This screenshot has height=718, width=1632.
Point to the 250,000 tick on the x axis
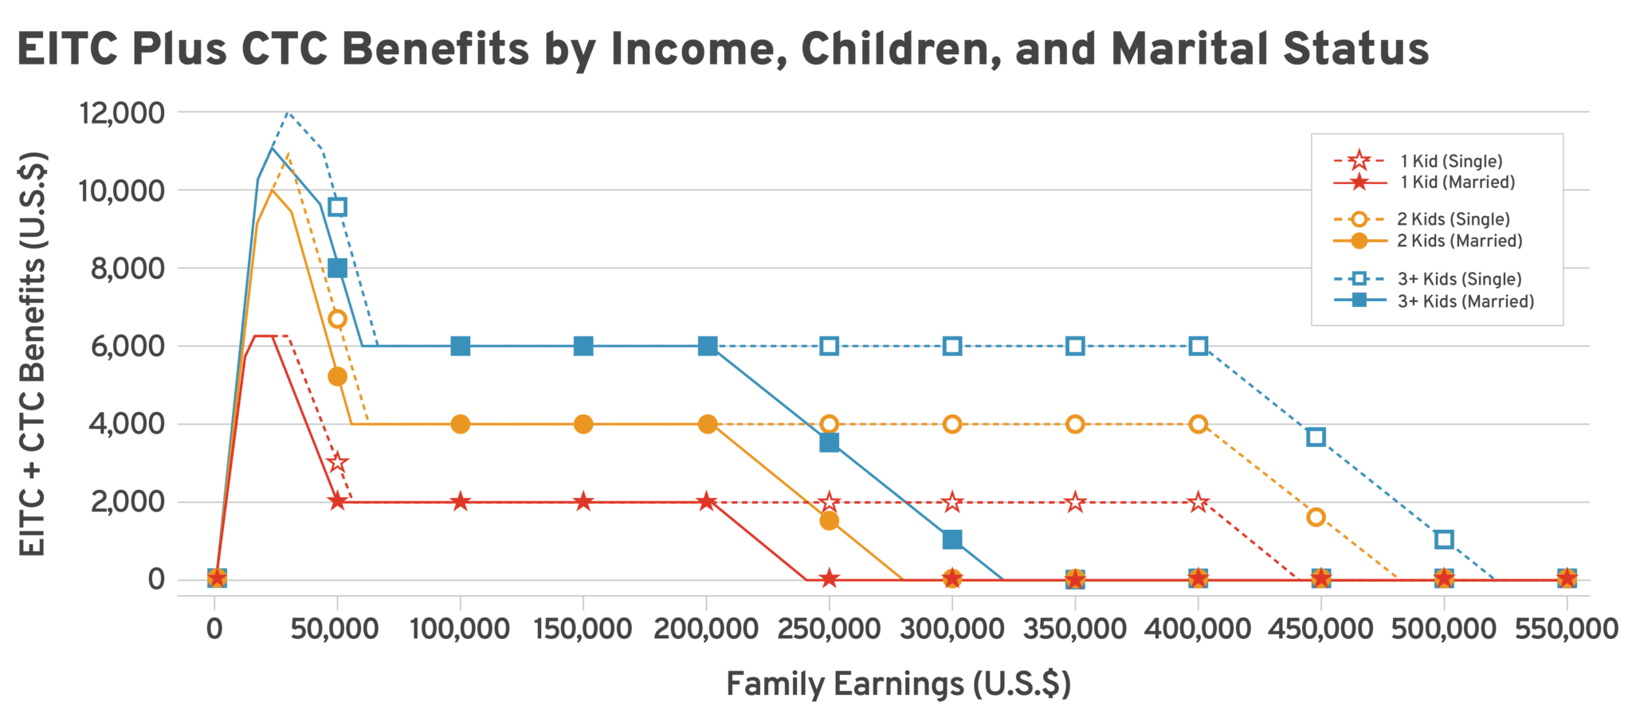click(830, 630)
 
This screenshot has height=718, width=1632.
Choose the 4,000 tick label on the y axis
click(127, 424)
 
